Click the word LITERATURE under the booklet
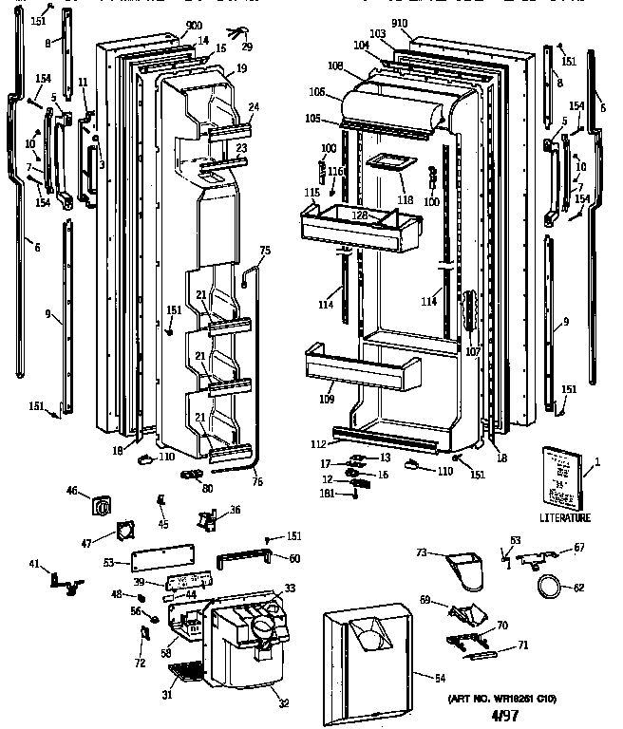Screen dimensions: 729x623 tap(564, 518)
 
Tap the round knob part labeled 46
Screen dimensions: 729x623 tap(101, 505)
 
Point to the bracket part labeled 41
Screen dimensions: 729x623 tap(63, 581)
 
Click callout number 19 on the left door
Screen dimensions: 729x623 tap(242, 68)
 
